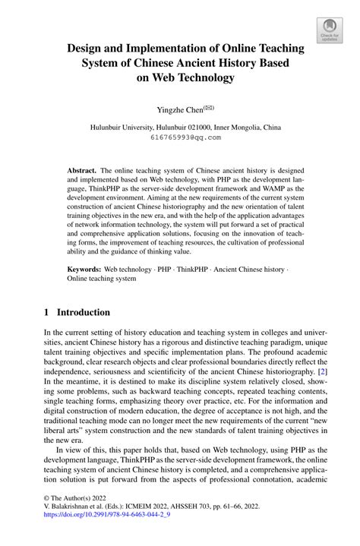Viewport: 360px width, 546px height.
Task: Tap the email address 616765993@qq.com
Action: pyautogui.click(x=181, y=138)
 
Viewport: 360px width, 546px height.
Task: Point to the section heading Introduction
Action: pyautogui.click(x=84, y=312)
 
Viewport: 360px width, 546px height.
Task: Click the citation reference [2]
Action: pyautogui.click(x=323, y=372)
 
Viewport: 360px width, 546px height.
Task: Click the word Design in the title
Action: pyautogui.click(x=86, y=48)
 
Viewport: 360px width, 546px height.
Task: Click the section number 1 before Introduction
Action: pyautogui.click(x=46, y=312)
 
